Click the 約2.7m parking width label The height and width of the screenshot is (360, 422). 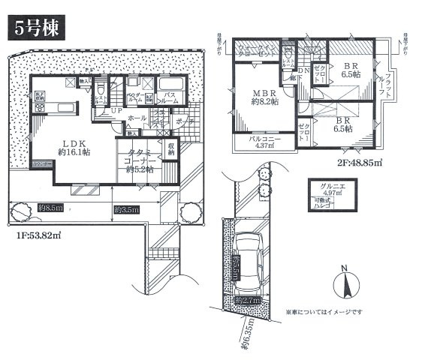(x=246, y=301)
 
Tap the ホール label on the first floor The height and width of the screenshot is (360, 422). (x=137, y=118)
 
